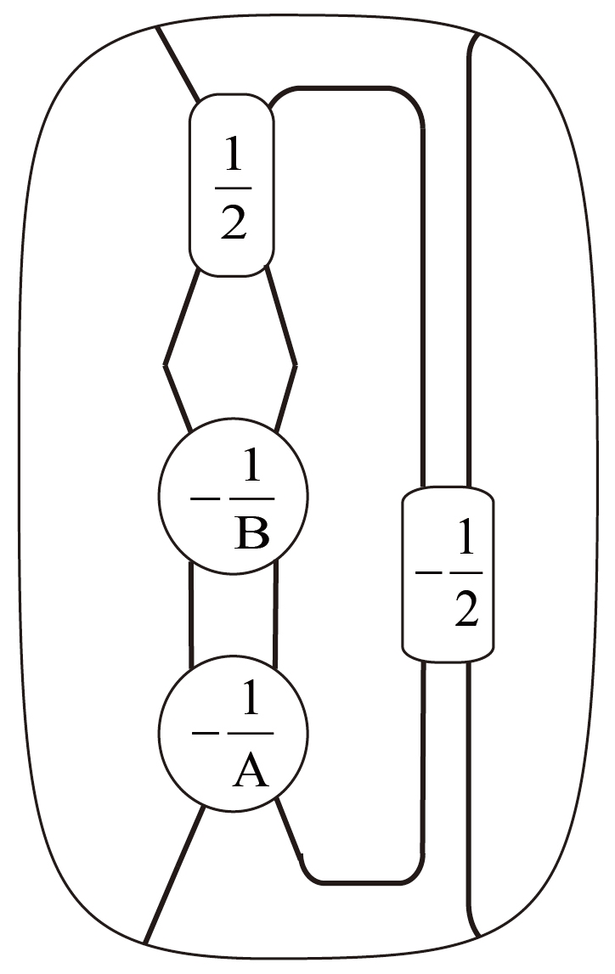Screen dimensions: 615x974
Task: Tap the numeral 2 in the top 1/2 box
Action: [233, 222]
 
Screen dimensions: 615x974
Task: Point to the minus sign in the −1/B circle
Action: [205, 498]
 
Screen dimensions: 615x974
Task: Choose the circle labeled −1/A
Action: [233, 733]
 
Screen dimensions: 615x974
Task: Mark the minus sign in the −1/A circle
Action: [205, 733]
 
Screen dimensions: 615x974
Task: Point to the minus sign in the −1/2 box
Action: [427, 573]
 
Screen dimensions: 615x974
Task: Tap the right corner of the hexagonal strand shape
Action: [296, 366]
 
